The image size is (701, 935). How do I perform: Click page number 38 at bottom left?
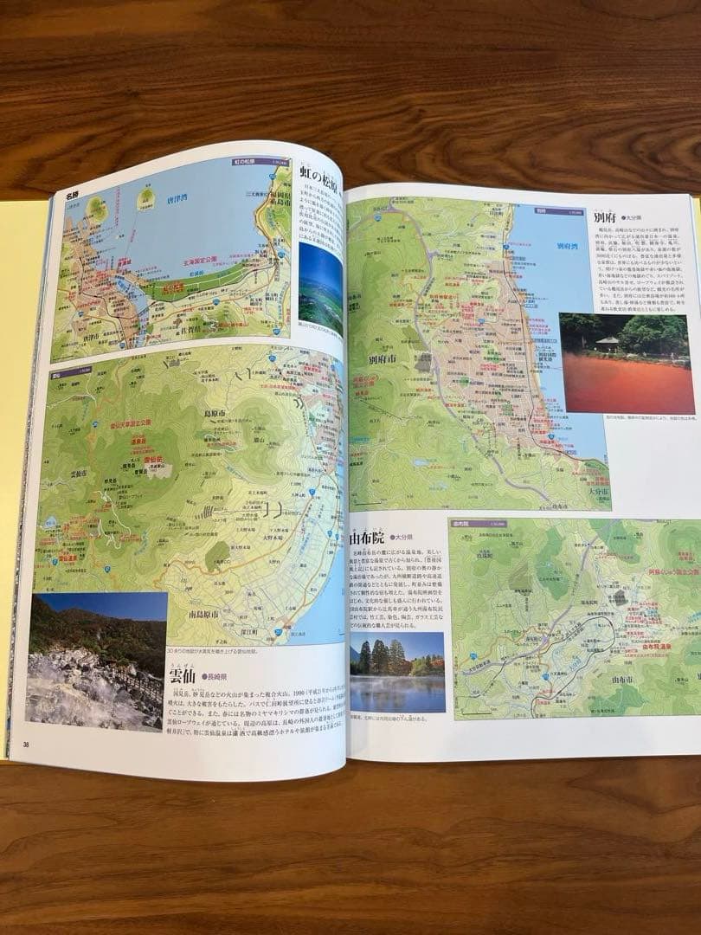[x=26, y=744]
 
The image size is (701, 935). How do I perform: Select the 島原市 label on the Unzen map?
[x=216, y=414]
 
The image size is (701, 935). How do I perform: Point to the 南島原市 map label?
[x=209, y=614]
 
